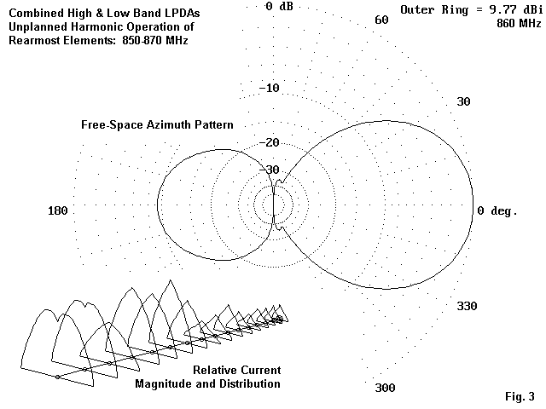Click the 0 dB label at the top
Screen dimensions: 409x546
(x=280, y=6)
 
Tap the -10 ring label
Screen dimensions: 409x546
(x=269, y=89)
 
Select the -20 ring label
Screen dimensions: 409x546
(x=269, y=142)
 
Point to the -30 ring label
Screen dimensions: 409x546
(x=269, y=170)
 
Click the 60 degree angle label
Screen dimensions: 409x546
(x=382, y=20)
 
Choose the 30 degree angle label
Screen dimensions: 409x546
(x=464, y=101)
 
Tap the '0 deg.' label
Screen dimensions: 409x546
(x=497, y=210)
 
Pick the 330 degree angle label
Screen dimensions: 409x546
(x=468, y=306)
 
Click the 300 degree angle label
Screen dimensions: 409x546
(x=385, y=388)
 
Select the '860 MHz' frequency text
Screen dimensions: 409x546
(x=519, y=24)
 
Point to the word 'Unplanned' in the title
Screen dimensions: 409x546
(x=39, y=26)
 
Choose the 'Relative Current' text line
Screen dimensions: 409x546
(x=236, y=371)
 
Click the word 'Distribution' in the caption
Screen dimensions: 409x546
(x=242, y=384)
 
